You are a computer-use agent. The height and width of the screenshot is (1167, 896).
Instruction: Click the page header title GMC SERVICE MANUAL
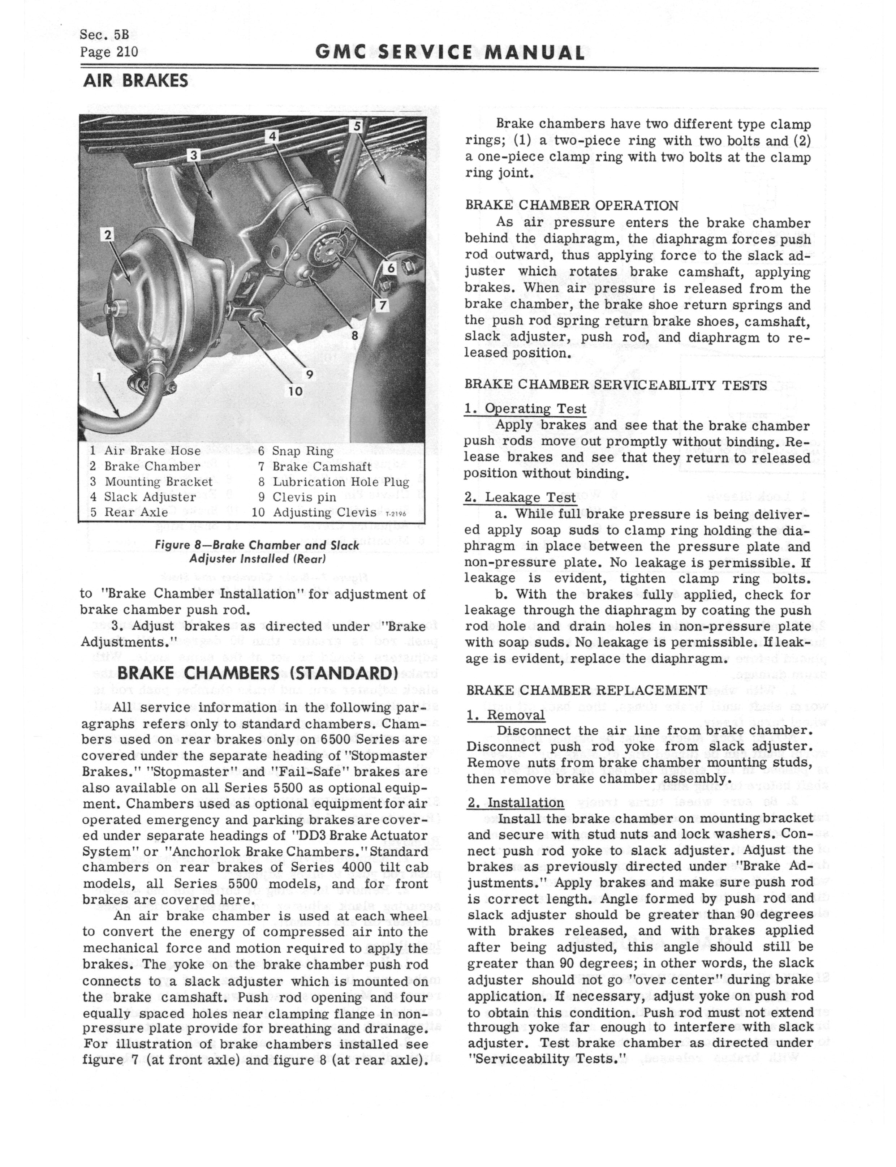click(x=449, y=52)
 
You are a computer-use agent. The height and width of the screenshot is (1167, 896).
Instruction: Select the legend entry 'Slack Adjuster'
click(x=150, y=497)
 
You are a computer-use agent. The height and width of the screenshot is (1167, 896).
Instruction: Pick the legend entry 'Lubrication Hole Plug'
click(x=341, y=482)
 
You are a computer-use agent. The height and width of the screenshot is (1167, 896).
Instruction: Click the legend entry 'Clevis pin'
click(x=304, y=497)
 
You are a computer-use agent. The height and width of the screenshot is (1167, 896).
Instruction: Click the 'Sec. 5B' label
click(x=104, y=35)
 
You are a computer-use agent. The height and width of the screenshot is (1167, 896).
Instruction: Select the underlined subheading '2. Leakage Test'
click(x=520, y=498)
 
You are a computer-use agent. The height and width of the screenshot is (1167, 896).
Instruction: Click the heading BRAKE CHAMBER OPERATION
click(x=572, y=205)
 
